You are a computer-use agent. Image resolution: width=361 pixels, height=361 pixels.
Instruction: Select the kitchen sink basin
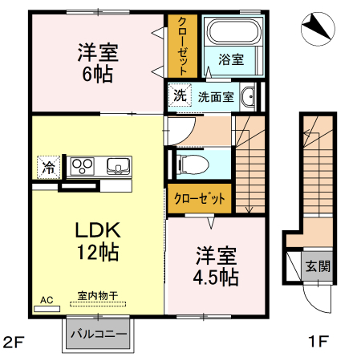[x=119, y=167]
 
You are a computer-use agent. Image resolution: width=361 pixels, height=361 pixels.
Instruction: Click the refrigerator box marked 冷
[x=48, y=168]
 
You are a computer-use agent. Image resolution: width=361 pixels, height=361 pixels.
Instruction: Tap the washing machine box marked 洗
[x=180, y=95]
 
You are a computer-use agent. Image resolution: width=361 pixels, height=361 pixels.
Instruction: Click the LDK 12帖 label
[x=98, y=240]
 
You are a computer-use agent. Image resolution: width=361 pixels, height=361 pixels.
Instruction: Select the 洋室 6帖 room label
[x=97, y=63]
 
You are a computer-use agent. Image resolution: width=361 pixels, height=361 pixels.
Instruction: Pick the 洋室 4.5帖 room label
[x=216, y=267]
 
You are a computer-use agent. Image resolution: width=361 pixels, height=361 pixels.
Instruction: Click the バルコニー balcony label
[x=98, y=333]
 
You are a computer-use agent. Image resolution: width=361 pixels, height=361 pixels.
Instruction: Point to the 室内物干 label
[x=97, y=296]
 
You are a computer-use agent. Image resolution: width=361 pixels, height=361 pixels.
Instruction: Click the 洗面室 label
[x=216, y=96]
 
